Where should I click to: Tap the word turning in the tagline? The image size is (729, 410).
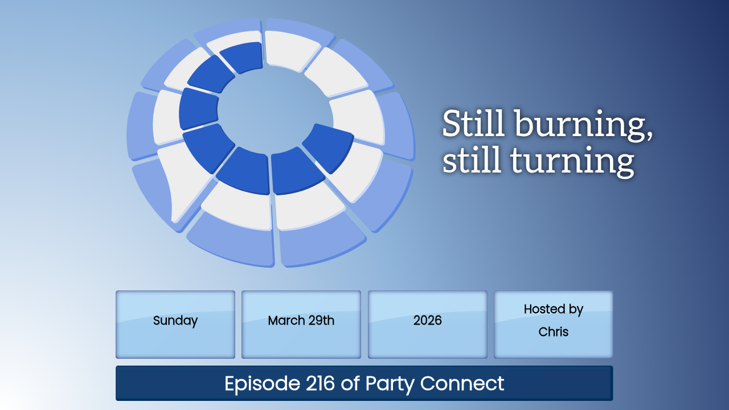(x=572, y=161)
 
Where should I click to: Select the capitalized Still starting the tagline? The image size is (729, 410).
(x=473, y=123)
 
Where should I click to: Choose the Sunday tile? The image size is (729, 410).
(x=175, y=325)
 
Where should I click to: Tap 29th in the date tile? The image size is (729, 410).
(x=321, y=321)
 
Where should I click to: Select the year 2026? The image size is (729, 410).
(x=427, y=321)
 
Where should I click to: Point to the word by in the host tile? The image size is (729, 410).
(x=576, y=310)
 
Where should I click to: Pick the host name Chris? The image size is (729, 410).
(x=553, y=332)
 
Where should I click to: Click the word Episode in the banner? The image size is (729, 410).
(x=263, y=384)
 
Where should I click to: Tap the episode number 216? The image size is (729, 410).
(x=320, y=383)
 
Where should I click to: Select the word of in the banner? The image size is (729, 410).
(x=350, y=383)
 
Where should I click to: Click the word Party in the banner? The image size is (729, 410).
(x=390, y=384)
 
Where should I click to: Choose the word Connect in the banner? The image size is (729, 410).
(x=462, y=383)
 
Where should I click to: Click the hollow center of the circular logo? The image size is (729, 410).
(x=276, y=111)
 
